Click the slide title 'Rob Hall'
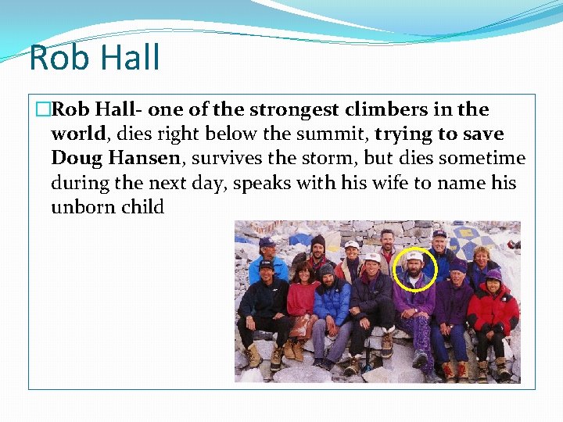pos(94,59)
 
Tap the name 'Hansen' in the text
pos(145,159)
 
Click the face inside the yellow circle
pos(414,268)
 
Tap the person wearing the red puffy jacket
pos(493,309)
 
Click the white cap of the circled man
pos(414,256)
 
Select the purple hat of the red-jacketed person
pos(493,274)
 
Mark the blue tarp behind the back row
pos(301,238)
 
